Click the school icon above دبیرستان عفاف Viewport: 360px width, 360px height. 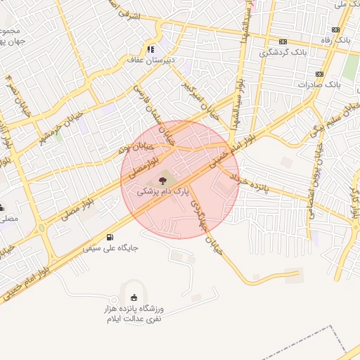[150, 49]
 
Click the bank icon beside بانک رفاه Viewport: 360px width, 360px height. [336, 30]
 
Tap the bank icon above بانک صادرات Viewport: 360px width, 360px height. [319, 73]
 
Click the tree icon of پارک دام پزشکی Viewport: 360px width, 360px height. [153, 180]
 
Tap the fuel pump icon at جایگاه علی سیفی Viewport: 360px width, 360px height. [110, 237]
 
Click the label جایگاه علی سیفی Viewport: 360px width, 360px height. [110, 248]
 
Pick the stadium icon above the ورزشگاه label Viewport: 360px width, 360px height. [134, 295]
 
